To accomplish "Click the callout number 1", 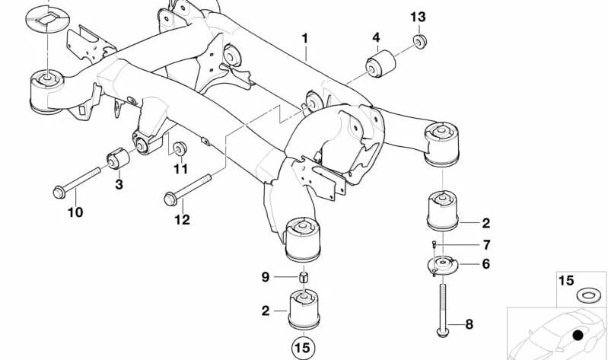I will [x=305, y=37].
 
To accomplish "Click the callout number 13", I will [x=418, y=17].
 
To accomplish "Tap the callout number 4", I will [x=376, y=37].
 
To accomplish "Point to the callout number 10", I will [x=75, y=212].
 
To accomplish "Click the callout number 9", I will [x=266, y=277].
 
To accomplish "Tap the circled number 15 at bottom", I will [x=303, y=349].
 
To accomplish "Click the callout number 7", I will [x=466, y=244].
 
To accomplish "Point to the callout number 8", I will [x=468, y=325].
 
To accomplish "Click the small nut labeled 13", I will [x=418, y=40].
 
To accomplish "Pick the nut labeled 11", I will [x=180, y=148].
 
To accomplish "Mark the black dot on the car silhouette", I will [x=578, y=334].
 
